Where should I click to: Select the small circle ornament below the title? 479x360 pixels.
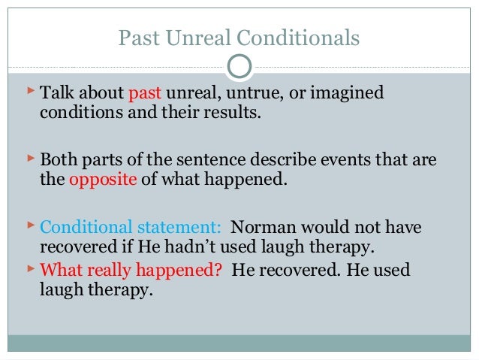click(x=239, y=67)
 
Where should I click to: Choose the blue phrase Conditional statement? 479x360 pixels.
click(x=131, y=227)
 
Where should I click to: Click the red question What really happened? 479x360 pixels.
click(x=131, y=270)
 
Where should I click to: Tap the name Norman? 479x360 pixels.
click(x=262, y=227)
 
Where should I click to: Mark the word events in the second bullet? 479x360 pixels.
click(x=326, y=160)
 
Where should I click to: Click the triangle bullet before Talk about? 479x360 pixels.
click(x=29, y=92)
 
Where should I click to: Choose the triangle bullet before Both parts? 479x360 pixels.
click(x=29, y=159)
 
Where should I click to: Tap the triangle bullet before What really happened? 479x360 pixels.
click(x=29, y=268)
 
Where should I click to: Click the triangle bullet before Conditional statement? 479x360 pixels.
click(x=29, y=225)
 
